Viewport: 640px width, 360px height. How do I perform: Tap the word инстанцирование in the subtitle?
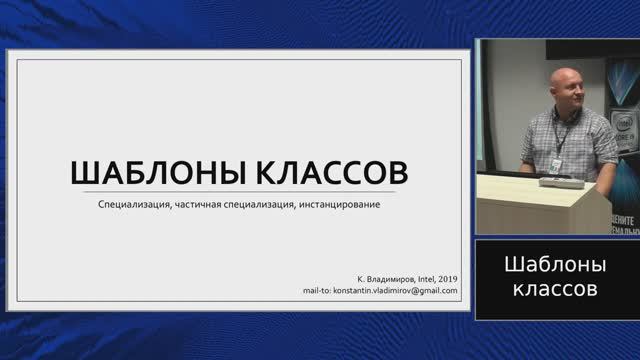point(339,206)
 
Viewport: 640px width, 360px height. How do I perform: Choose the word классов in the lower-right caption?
point(556,289)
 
